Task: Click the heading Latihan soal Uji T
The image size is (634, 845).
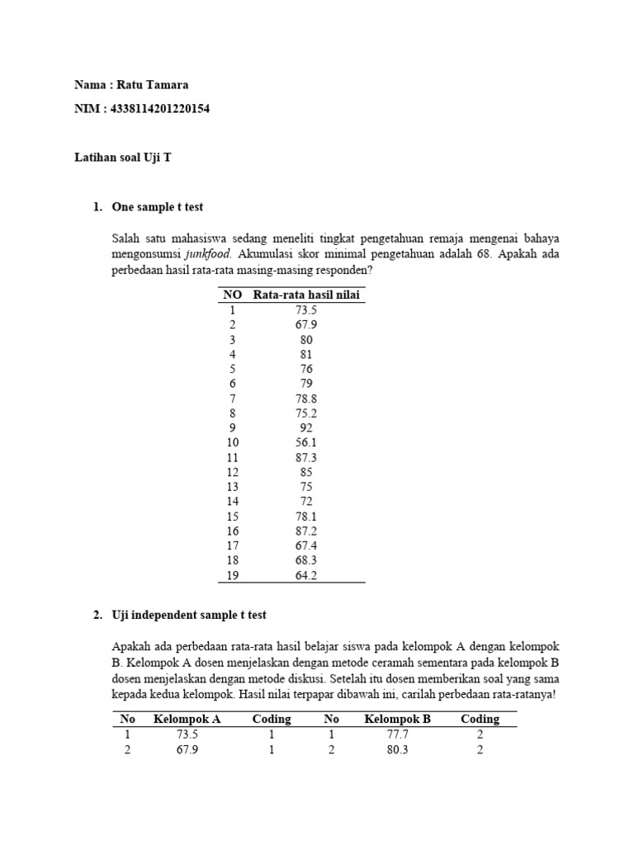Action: click(123, 158)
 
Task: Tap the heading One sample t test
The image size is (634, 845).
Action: click(157, 207)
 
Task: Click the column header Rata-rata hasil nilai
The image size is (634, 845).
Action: click(306, 295)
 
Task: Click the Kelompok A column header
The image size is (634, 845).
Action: click(187, 719)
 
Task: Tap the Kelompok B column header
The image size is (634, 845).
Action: click(397, 719)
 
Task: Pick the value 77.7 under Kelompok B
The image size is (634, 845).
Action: click(397, 734)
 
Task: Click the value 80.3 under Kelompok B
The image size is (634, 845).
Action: click(397, 750)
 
